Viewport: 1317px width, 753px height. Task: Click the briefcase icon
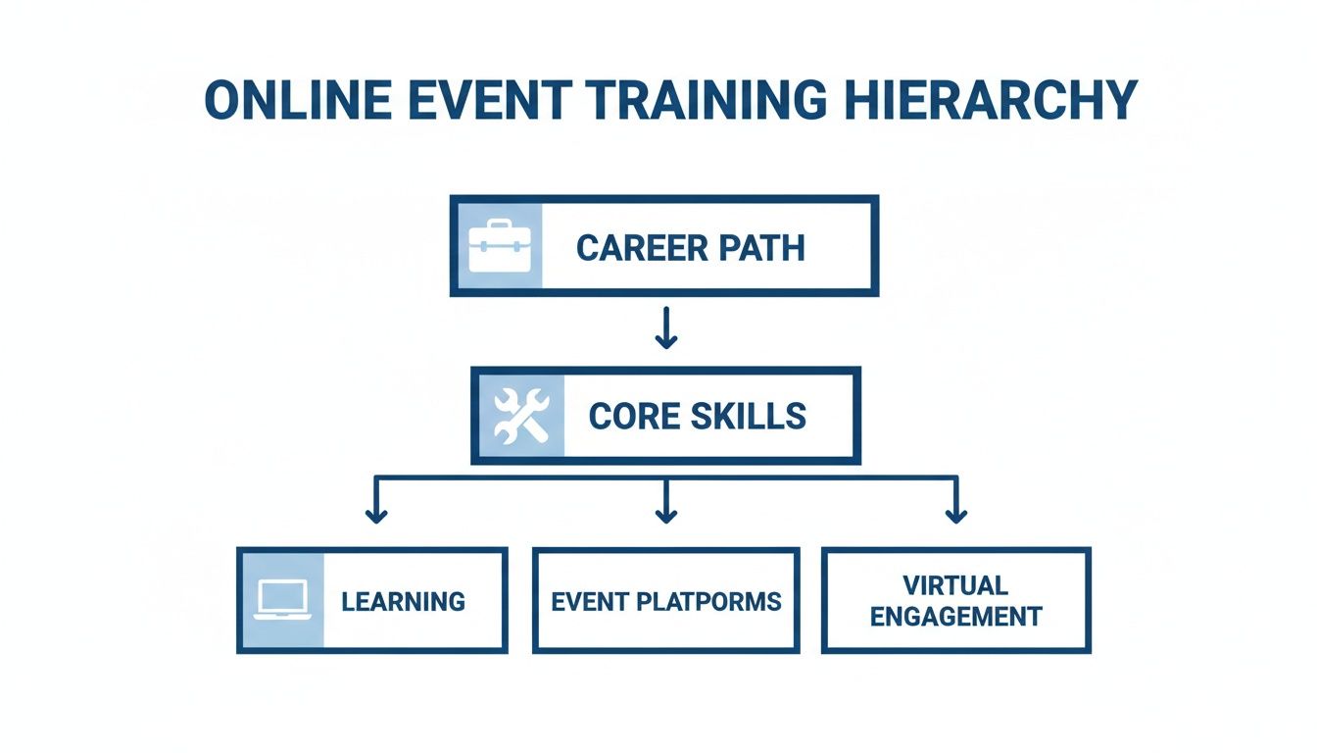tap(499, 246)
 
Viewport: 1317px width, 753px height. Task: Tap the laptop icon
tap(282, 600)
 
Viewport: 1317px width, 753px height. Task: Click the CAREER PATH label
tap(691, 247)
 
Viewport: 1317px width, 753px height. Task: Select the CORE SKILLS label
tap(698, 416)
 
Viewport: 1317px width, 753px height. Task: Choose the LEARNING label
tap(403, 601)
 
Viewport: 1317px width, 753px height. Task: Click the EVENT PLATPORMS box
tap(666, 601)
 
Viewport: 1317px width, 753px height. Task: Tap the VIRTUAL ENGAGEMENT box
tap(955, 601)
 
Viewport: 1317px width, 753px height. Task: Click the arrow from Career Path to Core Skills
tap(666, 329)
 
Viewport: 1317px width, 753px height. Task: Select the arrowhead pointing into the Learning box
tap(373, 513)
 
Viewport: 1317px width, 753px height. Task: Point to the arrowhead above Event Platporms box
tap(666, 513)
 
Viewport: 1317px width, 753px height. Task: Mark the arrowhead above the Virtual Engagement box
tap(955, 513)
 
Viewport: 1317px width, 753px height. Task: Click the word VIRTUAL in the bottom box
tap(955, 585)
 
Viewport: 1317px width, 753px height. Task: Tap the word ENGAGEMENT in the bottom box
tap(955, 617)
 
